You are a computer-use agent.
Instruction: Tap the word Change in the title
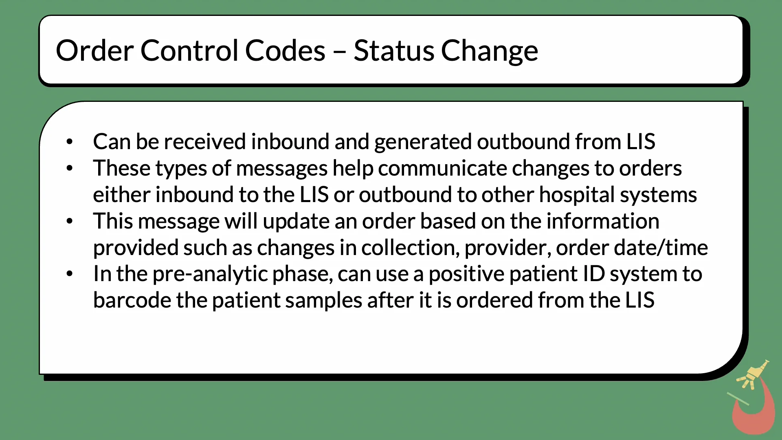(x=489, y=51)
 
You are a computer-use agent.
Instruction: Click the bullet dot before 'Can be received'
(x=70, y=142)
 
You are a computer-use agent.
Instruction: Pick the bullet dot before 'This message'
(x=70, y=221)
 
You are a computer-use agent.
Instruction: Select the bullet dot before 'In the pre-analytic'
(x=70, y=274)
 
